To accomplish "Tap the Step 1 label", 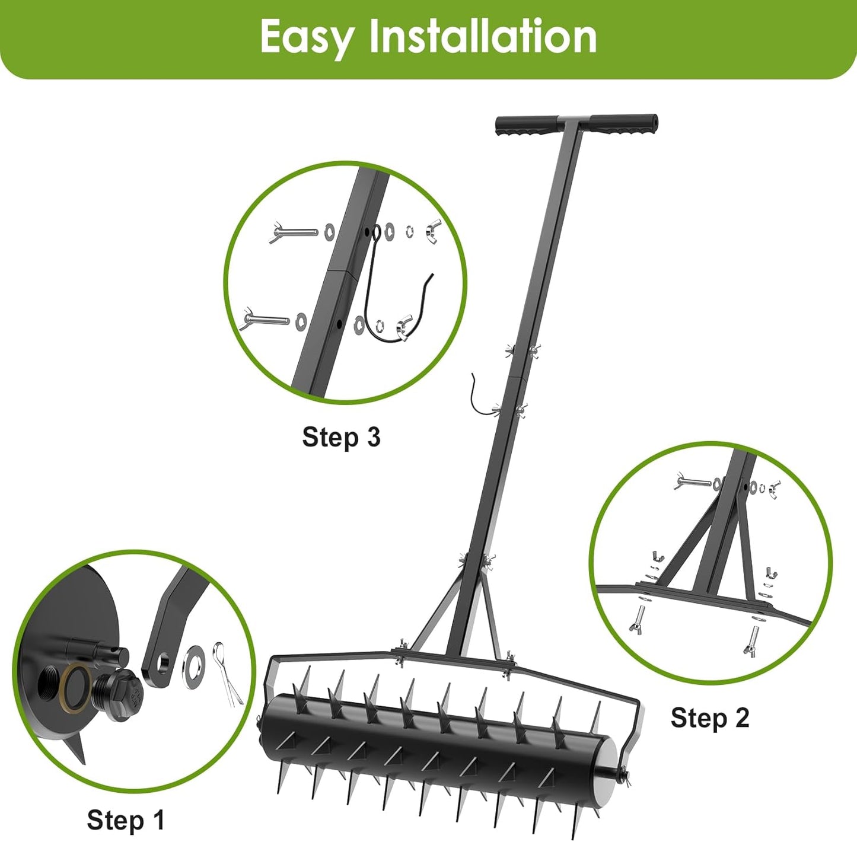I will click(x=125, y=820).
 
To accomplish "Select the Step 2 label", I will click(x=709, y=717).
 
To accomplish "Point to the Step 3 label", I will click(x=340, y=437).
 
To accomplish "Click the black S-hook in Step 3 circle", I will click(x=380, y=296).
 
